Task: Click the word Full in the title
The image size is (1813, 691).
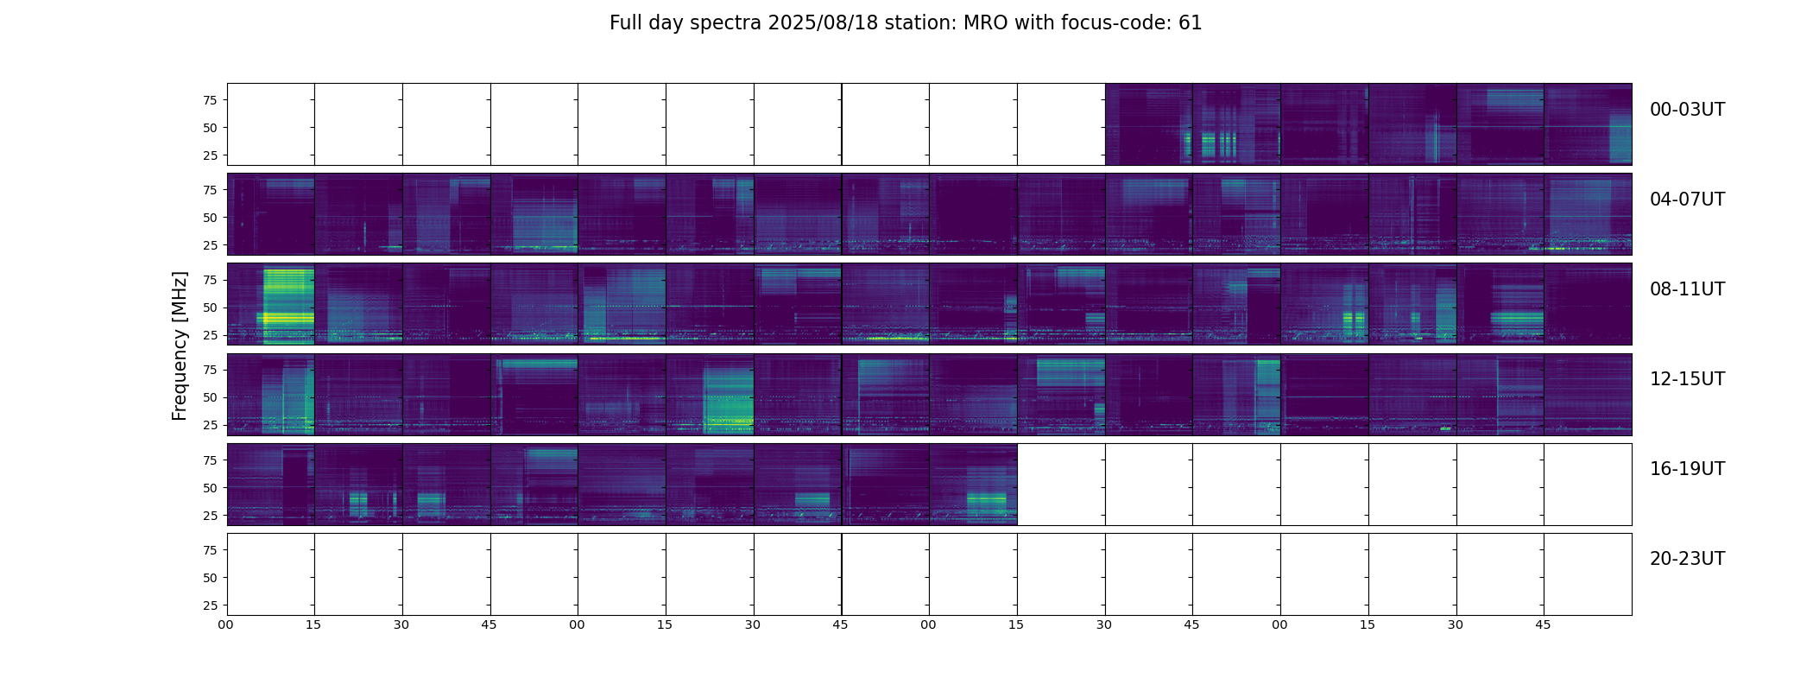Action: pos(626,23)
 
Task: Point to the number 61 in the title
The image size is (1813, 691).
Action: pos(1191,23)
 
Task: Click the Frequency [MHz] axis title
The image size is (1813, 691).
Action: pos(180,345)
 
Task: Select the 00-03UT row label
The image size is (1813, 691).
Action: pos(1687,110)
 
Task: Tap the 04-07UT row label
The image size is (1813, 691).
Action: pos(1687,200)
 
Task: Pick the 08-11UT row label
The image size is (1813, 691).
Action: pos(1687,289)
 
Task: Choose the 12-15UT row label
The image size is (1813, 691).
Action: pos(1687,379)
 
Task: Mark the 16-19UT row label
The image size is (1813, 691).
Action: pos(1687,469)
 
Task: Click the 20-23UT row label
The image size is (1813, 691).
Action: pos(1687,559)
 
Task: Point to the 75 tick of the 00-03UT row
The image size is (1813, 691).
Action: pos(209,100)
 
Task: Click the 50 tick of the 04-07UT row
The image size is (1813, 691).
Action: pos(209,218)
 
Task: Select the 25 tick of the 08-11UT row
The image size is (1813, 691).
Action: pos(209,335)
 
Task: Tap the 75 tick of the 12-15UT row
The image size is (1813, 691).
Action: pos(209,370)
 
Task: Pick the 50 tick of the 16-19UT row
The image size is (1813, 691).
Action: pos(209,488)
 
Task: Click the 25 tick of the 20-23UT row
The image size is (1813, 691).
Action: pos(209,605)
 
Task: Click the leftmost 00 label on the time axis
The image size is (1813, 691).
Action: pos(225,624)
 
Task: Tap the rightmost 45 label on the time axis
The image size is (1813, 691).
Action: pos(1543,624)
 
